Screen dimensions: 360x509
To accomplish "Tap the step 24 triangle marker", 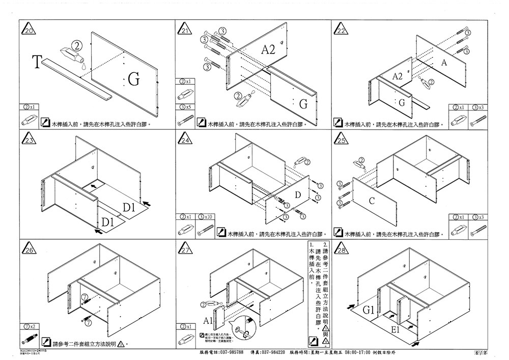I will [x=185, y=140].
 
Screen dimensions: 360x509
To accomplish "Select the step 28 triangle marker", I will [x=342, y=250].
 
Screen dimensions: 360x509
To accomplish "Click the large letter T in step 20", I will [x=36, y=63].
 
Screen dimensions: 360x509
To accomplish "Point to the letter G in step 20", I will [x=133, y=79].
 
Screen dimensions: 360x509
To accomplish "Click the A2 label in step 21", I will [x=268, y=49].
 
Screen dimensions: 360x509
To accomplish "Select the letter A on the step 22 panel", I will [x=444, y=63].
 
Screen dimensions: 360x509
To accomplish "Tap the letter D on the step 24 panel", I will [x=298, y=196].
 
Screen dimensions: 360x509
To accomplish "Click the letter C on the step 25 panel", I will [x=372, y=201].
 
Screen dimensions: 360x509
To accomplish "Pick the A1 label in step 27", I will [x=208, y=321].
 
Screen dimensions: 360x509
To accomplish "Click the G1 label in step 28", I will [x=369, y=310].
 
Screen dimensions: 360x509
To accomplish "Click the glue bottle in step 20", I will [x=71, y=53].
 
